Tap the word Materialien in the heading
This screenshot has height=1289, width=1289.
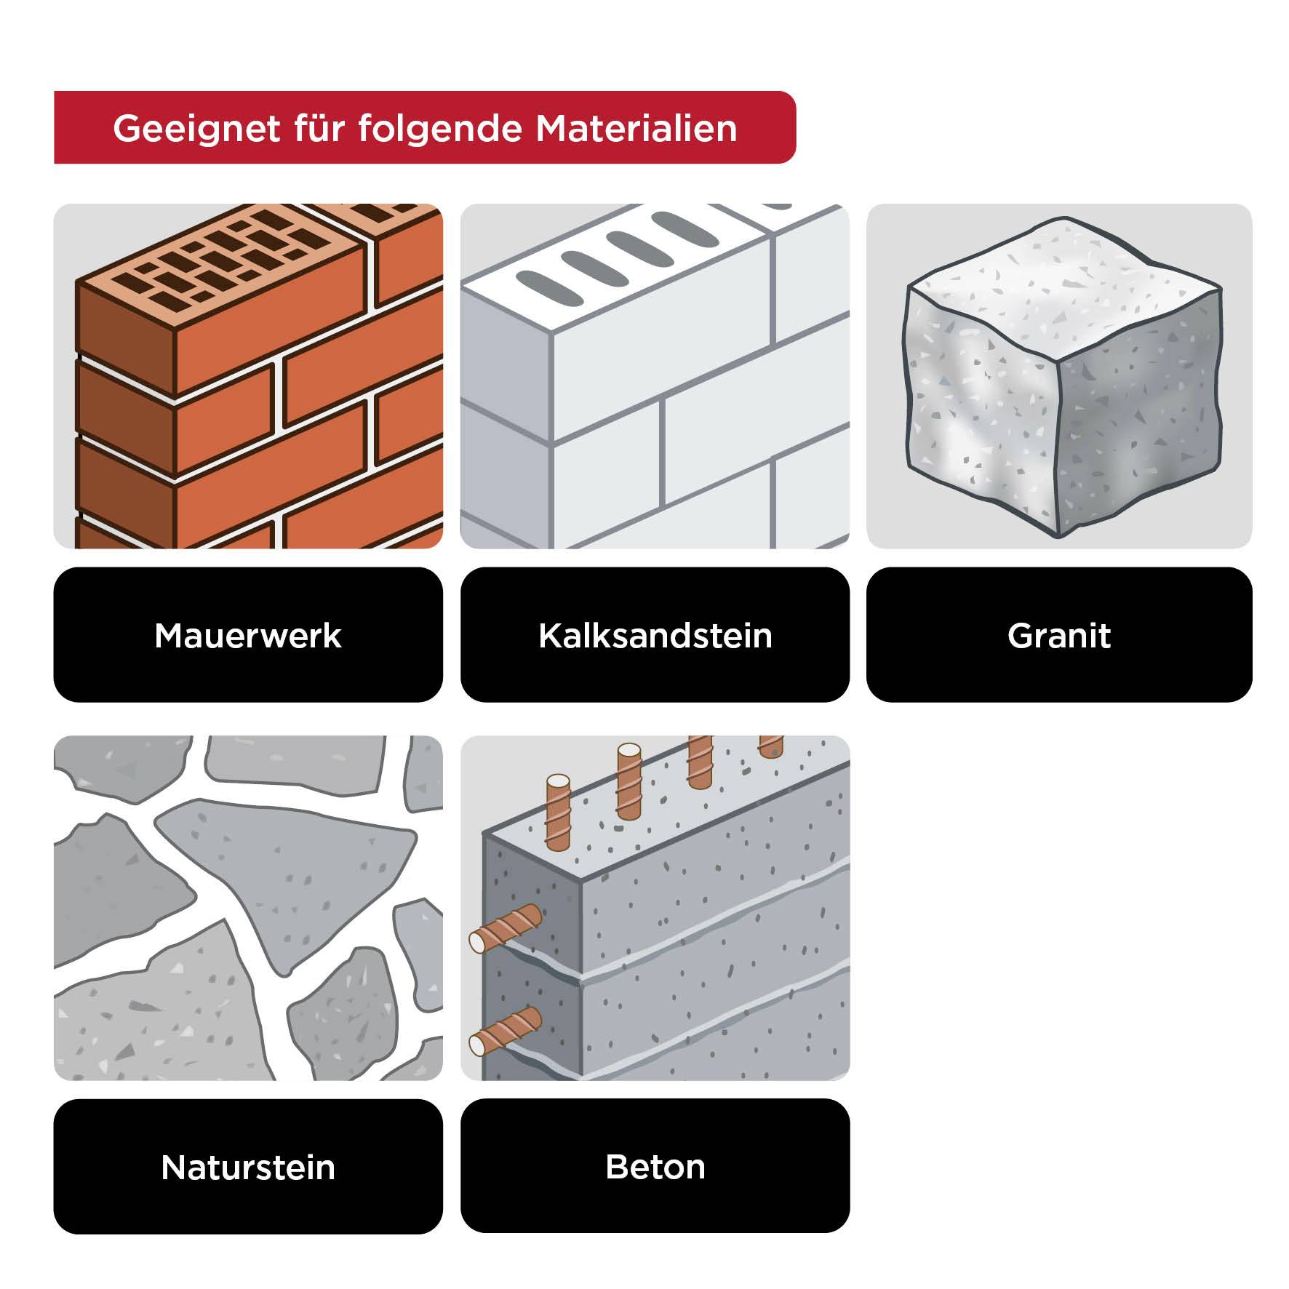(636, 129)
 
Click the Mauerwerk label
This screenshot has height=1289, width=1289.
(248, 635)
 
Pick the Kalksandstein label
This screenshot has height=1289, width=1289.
(655, 635)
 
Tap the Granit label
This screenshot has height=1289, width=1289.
(1059, 635)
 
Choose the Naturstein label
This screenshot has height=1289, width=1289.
(248, 1167)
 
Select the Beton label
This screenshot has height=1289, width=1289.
(655, 1167)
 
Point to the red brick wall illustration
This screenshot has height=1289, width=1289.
(248, 376)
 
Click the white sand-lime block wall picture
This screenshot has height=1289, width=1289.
(655, 376)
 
